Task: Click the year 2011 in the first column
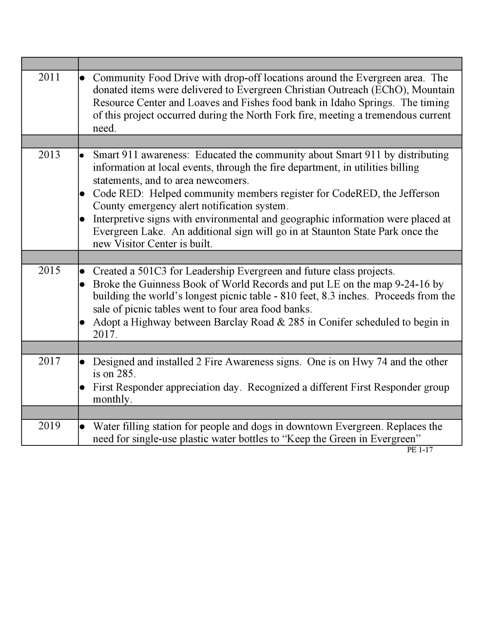49,77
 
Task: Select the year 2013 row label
49,155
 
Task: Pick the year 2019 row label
49,426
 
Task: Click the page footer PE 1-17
420,450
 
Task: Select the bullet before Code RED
83,194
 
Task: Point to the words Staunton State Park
355,232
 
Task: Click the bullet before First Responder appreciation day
83,388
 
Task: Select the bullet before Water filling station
83,427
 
